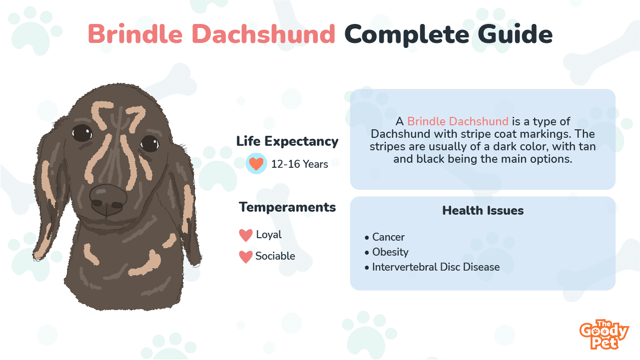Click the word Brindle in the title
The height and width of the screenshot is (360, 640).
pos(135,34)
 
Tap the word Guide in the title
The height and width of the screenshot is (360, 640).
pos(515,34)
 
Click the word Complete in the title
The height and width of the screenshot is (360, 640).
pos(407,35)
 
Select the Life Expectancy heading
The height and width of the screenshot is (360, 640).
pos(287,141)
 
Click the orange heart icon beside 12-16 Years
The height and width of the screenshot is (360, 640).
pos(256,163)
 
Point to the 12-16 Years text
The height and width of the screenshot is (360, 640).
pos(299,164)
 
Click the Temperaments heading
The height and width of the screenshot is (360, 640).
pos(287,207)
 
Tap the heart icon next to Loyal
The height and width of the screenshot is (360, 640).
pos(246,235)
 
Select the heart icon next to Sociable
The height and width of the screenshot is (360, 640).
pos(246,257)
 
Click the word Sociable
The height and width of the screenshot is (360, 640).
pos(275,256)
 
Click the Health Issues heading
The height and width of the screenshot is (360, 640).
pos(483,210)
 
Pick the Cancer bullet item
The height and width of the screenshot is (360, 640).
pos(385,237)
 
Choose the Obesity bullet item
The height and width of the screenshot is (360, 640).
pos(387,252)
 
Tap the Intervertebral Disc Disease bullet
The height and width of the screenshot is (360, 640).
pos(432,267)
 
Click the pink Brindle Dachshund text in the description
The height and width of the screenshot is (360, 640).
pos(458,121)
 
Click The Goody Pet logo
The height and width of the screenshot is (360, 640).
pos(604,335)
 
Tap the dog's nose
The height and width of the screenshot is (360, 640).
pos(108,199)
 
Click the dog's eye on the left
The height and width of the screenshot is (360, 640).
pos(82,133)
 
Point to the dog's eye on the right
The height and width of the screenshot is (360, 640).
pos(149,144)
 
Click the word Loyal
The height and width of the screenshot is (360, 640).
pos(269,235)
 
